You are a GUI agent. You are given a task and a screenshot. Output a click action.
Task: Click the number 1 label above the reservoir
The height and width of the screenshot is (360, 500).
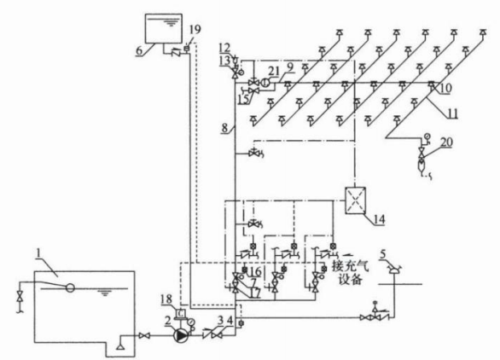click(38, 254)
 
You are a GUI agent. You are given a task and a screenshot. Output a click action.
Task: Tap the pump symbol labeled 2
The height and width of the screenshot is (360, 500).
click(181, 335)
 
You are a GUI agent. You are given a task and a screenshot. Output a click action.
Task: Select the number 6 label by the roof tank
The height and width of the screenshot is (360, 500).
click(139, 50)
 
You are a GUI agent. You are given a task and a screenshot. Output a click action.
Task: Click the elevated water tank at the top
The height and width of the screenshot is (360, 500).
click(164, 28)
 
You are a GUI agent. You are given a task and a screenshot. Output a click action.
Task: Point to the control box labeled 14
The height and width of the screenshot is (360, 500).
click(355, 200)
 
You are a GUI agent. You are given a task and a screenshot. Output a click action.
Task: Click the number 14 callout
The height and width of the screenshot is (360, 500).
click(379, 219)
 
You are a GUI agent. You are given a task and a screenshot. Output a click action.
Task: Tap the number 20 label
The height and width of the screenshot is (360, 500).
click(446, 142)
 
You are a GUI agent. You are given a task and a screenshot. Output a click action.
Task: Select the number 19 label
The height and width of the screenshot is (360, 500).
click(195, 29)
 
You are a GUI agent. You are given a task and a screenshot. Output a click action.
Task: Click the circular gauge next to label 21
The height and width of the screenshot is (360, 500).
click(265, 83)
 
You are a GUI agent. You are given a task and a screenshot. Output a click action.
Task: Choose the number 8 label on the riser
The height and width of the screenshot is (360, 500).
click(224, 128)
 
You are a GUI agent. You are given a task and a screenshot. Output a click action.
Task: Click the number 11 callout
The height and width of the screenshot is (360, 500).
click(452, 113)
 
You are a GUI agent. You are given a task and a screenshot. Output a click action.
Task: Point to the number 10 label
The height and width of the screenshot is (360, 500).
click(445, 89)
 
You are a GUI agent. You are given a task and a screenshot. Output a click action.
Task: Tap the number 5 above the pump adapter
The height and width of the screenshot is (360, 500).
click(382, 254)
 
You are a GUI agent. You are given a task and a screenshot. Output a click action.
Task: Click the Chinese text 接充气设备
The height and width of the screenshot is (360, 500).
click(351, 273)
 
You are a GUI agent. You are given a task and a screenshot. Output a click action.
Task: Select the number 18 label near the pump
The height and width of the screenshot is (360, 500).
click(166, 299)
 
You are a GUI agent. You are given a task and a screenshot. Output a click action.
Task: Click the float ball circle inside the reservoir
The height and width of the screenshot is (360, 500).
click(70, 288)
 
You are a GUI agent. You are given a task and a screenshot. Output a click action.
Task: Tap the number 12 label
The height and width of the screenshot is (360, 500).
click(224, 48)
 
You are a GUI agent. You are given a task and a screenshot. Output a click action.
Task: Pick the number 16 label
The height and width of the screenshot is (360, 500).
click(255, 271)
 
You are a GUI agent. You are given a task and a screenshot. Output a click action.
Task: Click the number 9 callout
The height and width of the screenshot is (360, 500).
click(290, 67)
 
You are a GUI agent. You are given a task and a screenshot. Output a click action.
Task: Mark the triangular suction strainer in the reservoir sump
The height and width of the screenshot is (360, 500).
click(120, 345)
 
